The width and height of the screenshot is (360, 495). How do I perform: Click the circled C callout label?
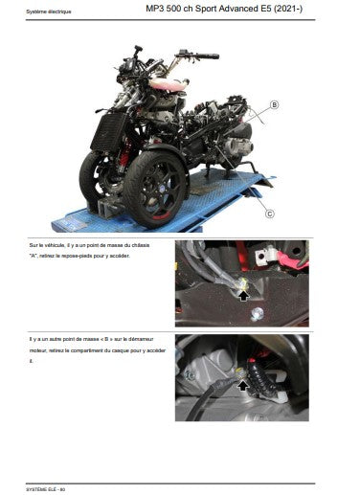pyautogui.click(x=270, y=214)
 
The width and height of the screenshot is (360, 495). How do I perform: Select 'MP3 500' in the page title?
pyautogui.click(x=167, y=10)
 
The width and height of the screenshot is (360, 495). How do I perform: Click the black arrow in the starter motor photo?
pyautogui.click(x=244, y=383)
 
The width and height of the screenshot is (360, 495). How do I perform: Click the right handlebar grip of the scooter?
pyautogui.click(x=207, y=56)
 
